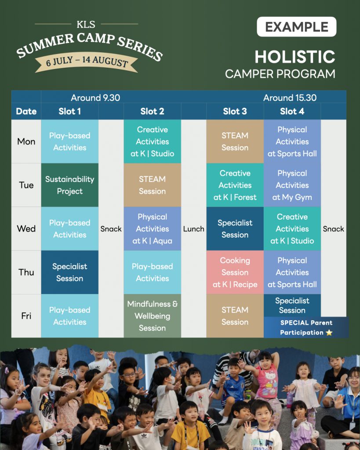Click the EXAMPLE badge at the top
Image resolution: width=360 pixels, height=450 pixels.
[296, 27]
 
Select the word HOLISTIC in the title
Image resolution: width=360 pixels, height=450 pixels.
[295, 56]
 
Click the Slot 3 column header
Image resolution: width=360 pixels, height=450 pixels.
[235, 111]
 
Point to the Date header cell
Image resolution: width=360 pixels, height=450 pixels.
[26, 111]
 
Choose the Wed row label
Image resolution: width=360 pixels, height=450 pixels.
[26, 229]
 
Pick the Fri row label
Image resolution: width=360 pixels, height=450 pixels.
[26, 316]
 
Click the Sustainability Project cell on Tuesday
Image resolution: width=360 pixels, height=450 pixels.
[69, 185]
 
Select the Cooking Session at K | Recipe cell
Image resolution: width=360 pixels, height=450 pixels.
[235, 272]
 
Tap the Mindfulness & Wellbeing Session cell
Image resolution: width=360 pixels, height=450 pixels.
[152, 316]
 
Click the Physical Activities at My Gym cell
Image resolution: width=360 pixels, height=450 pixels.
[292, 185]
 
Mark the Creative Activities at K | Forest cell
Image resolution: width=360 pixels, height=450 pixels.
[235, 185]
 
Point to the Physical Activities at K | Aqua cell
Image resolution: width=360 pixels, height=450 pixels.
[152, 229]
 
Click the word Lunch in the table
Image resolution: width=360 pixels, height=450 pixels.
[193, 229]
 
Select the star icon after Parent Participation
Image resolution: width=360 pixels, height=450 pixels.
[329, 333]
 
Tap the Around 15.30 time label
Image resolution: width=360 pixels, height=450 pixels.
[290, 98]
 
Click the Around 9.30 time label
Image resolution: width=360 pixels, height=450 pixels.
[95, 98]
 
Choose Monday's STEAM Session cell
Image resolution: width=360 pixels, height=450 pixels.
[235, 142]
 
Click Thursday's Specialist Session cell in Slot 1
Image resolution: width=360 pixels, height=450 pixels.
[69, 272]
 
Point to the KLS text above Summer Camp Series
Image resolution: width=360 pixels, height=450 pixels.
[86, 25]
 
